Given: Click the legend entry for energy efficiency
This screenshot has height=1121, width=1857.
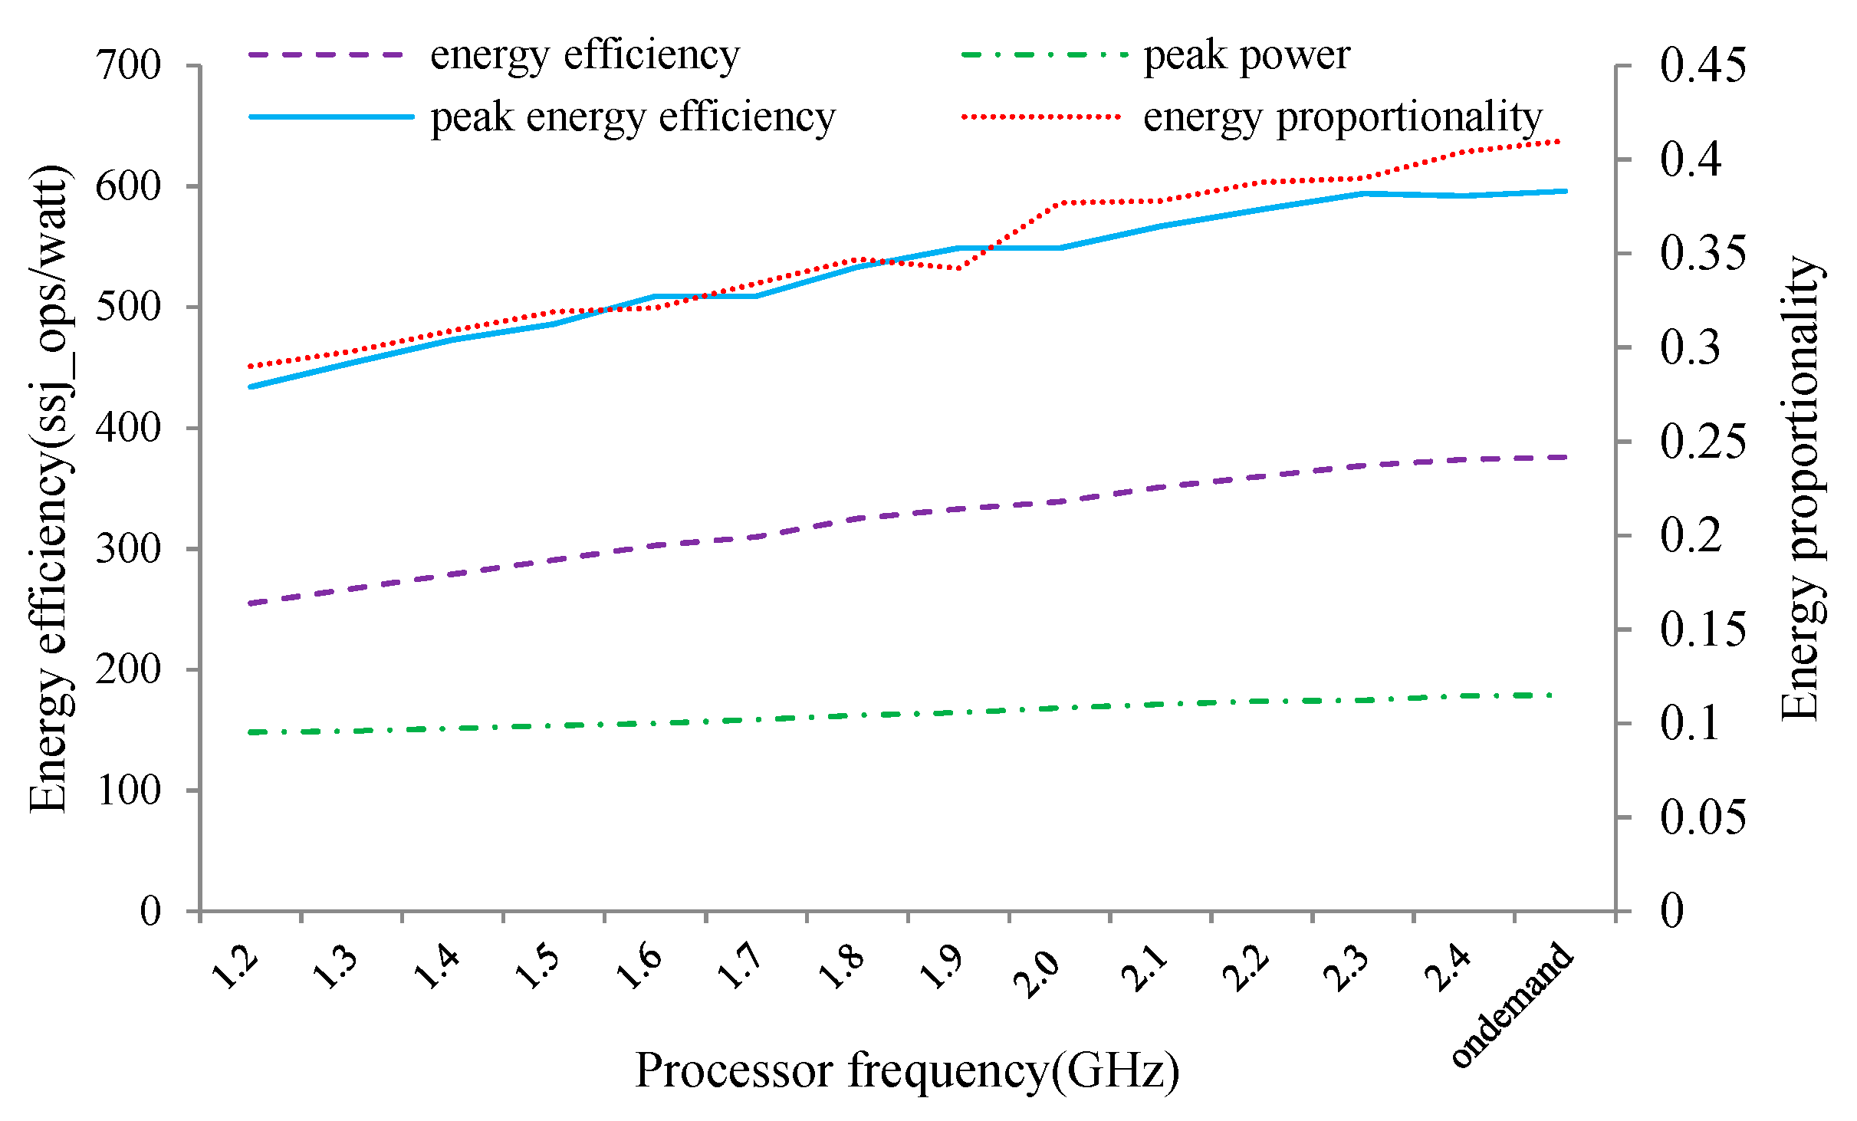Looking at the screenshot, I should pyautogui.click(x=584, y=55).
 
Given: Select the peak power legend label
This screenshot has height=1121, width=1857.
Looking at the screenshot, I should pyautogui.click(x=1246, y=55).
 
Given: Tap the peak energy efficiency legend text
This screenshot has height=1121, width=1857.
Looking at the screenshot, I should pyautogui.click(x=633, y=117).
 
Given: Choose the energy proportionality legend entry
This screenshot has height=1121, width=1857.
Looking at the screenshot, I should pyautogui.click(x=1342, y=117).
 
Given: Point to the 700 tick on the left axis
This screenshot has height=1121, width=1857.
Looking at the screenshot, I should pyautogui.click(x=128, y=65).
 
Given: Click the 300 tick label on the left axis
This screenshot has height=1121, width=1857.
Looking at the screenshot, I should pyautogui.click(x=128, y=548).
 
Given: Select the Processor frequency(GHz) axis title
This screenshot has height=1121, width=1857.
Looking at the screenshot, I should pyautogui.click(x=907, y=1070).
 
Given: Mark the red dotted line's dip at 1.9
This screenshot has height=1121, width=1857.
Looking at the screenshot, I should pyautogui.click(x=958, y=268).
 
